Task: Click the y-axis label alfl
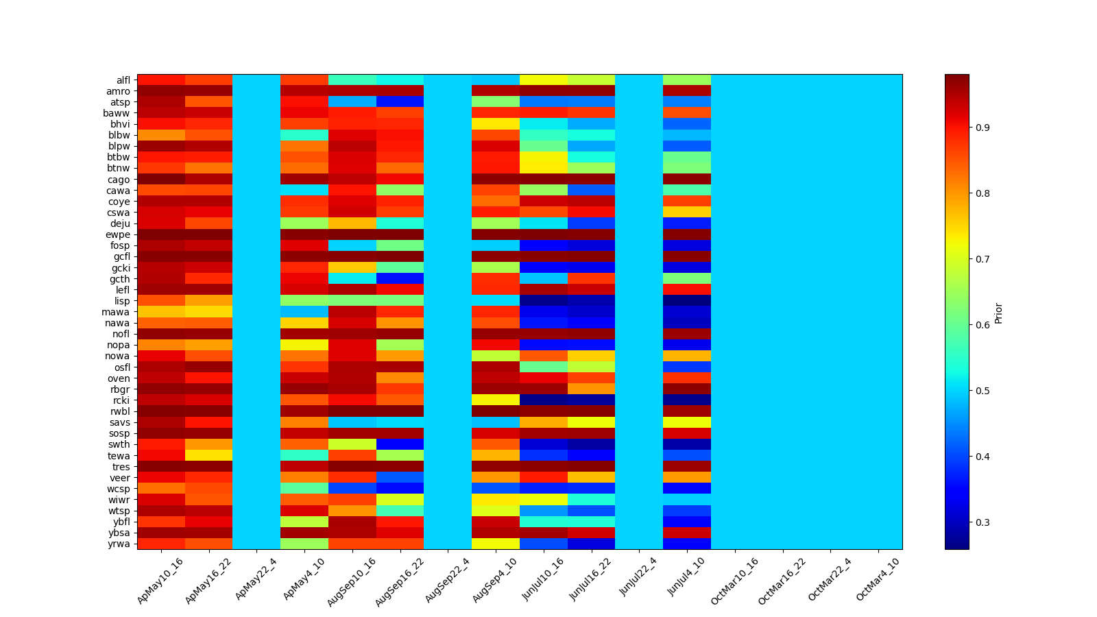coord(123,80)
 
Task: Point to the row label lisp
coord(122,301)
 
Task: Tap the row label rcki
coord(122,400)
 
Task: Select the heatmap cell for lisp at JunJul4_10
coord(687,301)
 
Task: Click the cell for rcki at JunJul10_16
coord(544,400)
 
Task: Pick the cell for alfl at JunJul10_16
coord(544,80)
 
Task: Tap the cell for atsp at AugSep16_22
coord(400,102)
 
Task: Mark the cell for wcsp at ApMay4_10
coord(304,488)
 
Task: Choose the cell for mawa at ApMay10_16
coord(161,312)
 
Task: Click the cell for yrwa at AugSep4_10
coord(496,544)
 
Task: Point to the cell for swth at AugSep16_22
coord(400,444)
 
